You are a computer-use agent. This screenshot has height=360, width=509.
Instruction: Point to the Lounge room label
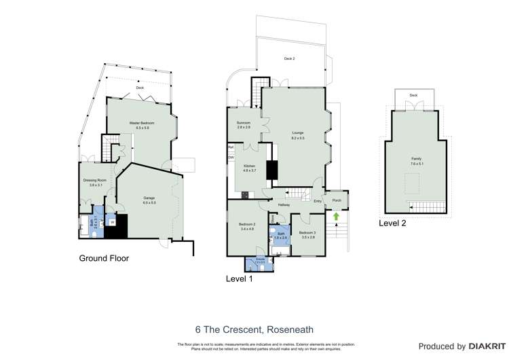click(297, 133)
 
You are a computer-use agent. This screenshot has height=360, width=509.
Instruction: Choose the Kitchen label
click(249, 166)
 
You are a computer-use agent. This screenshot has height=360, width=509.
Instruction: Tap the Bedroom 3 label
click(307, 233)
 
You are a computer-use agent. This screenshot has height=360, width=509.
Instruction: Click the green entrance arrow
click(335, 217)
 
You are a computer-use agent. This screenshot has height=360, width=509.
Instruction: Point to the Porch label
click(337, 200)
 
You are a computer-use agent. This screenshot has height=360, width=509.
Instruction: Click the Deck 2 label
click(290, 59)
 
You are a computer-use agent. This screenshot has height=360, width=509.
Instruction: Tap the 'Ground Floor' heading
click(104, 258)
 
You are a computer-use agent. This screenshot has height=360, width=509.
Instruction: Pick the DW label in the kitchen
click(231, 158)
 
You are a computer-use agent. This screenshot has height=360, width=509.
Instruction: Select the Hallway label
click(283, 204)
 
